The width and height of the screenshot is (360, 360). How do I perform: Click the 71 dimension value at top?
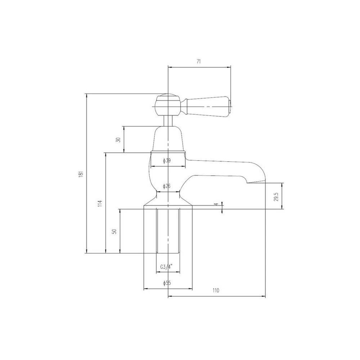(198, 62)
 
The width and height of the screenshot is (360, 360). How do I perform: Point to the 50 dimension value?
(114, 231)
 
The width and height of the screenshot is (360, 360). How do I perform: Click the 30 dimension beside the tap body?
(118, 140)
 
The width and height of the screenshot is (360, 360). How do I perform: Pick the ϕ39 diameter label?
(166, 161)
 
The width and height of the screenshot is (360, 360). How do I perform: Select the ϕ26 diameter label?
(166, 186)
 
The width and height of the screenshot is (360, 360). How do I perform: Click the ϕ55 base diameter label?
(167, 283)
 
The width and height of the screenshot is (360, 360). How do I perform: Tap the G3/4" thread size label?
(166, 267)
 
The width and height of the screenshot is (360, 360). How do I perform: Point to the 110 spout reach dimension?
(216, 291)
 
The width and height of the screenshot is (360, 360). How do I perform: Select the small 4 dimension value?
(216, 204)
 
